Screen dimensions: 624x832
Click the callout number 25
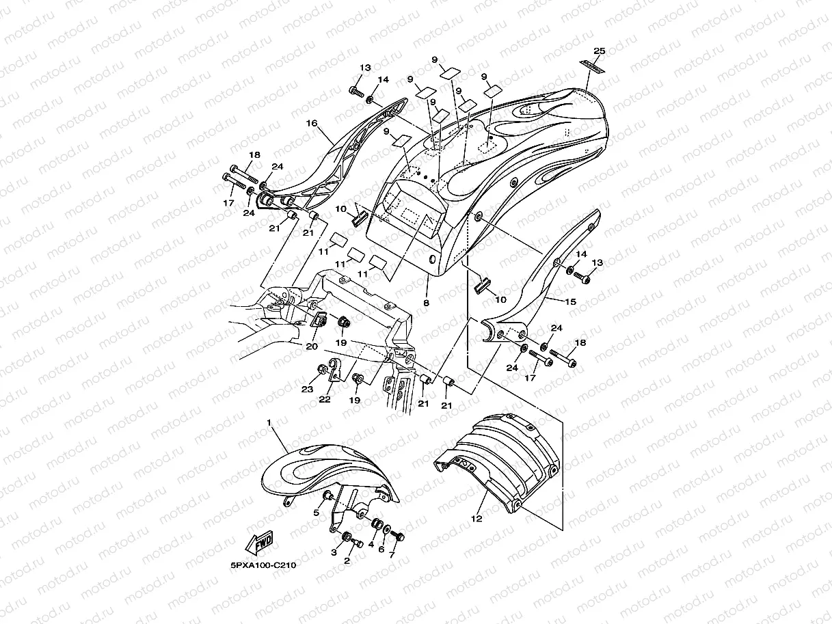click(600, 51)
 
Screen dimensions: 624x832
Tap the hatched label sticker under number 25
click(593, 65)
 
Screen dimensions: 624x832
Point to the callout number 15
click(572, 301)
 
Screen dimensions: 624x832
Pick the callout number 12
click(477, 519)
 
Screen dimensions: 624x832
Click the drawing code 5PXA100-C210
click(264, 566)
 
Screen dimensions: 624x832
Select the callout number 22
click(324, 399)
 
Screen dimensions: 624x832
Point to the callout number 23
click(308, 389)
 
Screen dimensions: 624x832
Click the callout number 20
click(312, 347)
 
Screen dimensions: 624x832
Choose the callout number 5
click(317, 513)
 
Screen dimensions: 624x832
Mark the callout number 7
click(392, 554)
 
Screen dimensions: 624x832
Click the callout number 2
click(347, 560)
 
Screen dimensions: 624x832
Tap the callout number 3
click(334, 552)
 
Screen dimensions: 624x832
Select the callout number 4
click(371, 545)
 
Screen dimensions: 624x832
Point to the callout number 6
click(381, 550)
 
